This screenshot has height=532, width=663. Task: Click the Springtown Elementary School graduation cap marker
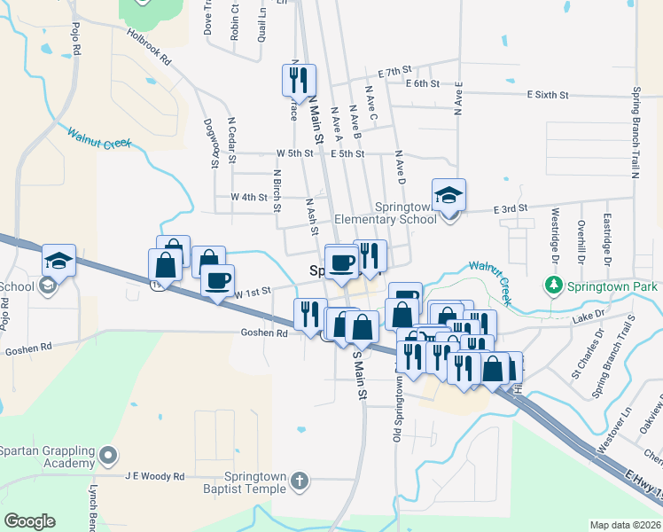click(x=449, y=196)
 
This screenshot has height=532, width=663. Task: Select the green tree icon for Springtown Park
click(x=553, y=286)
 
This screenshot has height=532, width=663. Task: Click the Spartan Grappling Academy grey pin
click(x=108, y=457)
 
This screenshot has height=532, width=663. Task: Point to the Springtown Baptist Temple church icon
click(x=300, y=481)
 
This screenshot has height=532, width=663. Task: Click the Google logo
click(x=29, y=521)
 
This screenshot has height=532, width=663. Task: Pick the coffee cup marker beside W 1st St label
click(x=216, y=281)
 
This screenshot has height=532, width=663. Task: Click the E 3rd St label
click(x=510, y=207)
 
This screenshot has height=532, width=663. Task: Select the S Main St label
click(x=359, y=376)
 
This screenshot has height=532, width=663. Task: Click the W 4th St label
click(x=248, y=196)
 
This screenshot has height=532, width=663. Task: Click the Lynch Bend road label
click(x=93, y=507)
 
